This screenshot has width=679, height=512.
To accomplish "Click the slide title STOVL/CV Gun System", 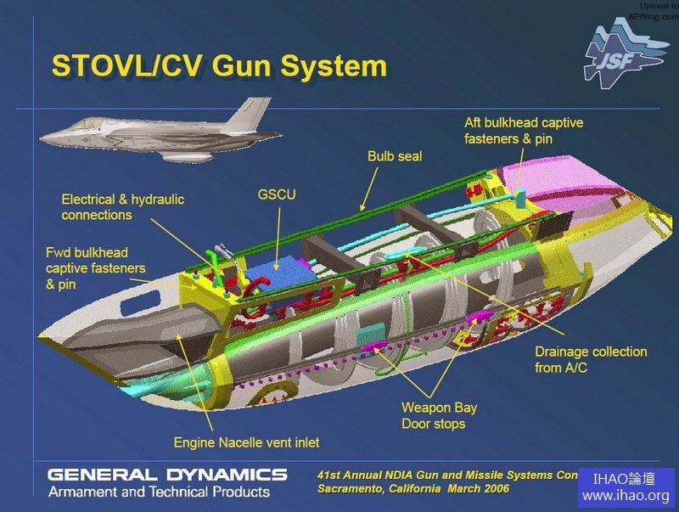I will [219, 66].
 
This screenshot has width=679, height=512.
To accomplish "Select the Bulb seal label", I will [394, 156].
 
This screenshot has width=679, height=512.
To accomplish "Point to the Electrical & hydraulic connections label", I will [122, 207].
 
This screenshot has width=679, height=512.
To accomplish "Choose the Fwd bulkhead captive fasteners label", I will [95, 268].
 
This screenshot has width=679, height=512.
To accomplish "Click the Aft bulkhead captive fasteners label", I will [523, 130].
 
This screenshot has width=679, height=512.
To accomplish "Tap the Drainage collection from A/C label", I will [591, 359].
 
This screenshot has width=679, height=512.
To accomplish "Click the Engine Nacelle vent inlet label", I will [246, 442].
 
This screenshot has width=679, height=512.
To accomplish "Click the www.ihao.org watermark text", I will [626, 495].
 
